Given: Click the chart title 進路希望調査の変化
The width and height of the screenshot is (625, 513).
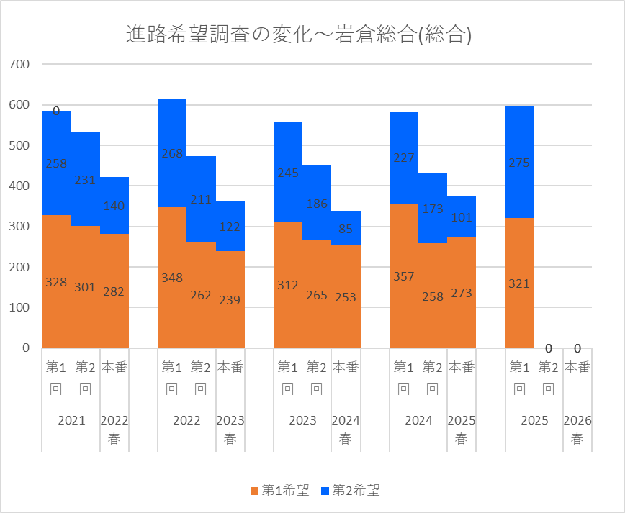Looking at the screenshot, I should (298, 34).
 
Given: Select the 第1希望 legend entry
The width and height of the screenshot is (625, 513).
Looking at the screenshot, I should (280, 491).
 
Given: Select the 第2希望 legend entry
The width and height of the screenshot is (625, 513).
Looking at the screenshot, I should (350, 491).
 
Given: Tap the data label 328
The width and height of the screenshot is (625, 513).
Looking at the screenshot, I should (56, 283).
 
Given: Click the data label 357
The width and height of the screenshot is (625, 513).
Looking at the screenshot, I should (404, 276).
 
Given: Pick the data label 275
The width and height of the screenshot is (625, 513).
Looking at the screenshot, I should (519, 163).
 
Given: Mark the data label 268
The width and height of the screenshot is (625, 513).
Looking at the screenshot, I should (172, 153).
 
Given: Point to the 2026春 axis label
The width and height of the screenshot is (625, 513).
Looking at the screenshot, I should (577, 429).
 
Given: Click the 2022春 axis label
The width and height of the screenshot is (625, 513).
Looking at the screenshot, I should (114, 429).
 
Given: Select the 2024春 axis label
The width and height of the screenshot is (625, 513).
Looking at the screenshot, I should (346, 429).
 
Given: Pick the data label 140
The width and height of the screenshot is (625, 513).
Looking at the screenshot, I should (114, 206).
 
